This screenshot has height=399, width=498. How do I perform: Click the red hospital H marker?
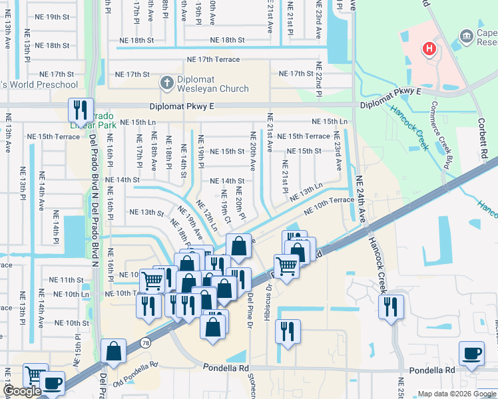pyautogui.click(x=429, y=49)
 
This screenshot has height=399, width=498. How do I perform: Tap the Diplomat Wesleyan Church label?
pyautogui.click(x=204, y=84)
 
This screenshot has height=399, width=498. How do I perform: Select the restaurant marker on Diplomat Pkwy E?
pyautogui.click(x=81, y=109)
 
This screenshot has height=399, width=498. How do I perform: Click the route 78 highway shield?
pyautogui.click(x=144, y=342)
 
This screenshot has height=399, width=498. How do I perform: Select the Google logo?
pyautogui.click(x=22, y=391)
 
